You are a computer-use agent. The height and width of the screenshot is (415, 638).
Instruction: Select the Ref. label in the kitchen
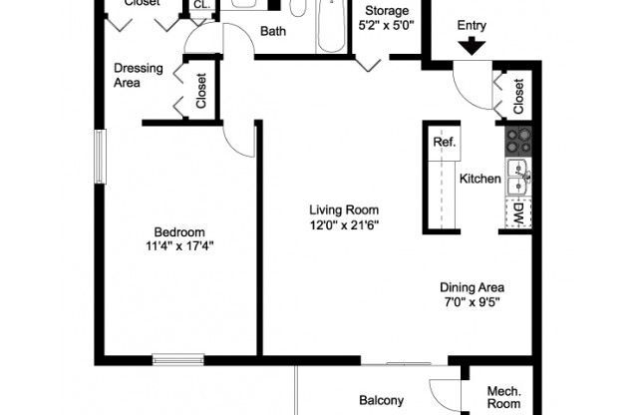coord(444,143)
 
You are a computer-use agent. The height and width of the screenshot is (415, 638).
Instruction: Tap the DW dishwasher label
coord(518,211)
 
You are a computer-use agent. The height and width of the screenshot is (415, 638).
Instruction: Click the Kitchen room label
coord(478,180)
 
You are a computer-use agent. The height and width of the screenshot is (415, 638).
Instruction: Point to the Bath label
coord(272,31)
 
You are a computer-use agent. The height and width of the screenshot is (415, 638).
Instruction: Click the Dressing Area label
coord(139,76)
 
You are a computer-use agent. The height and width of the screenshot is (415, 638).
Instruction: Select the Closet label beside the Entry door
coord(518,96)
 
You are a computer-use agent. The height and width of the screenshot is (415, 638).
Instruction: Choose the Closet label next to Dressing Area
coord(200,91)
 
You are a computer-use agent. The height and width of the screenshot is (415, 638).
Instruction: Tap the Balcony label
coord(381,401)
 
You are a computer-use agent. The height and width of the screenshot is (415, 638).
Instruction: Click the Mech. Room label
coord(503,398)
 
